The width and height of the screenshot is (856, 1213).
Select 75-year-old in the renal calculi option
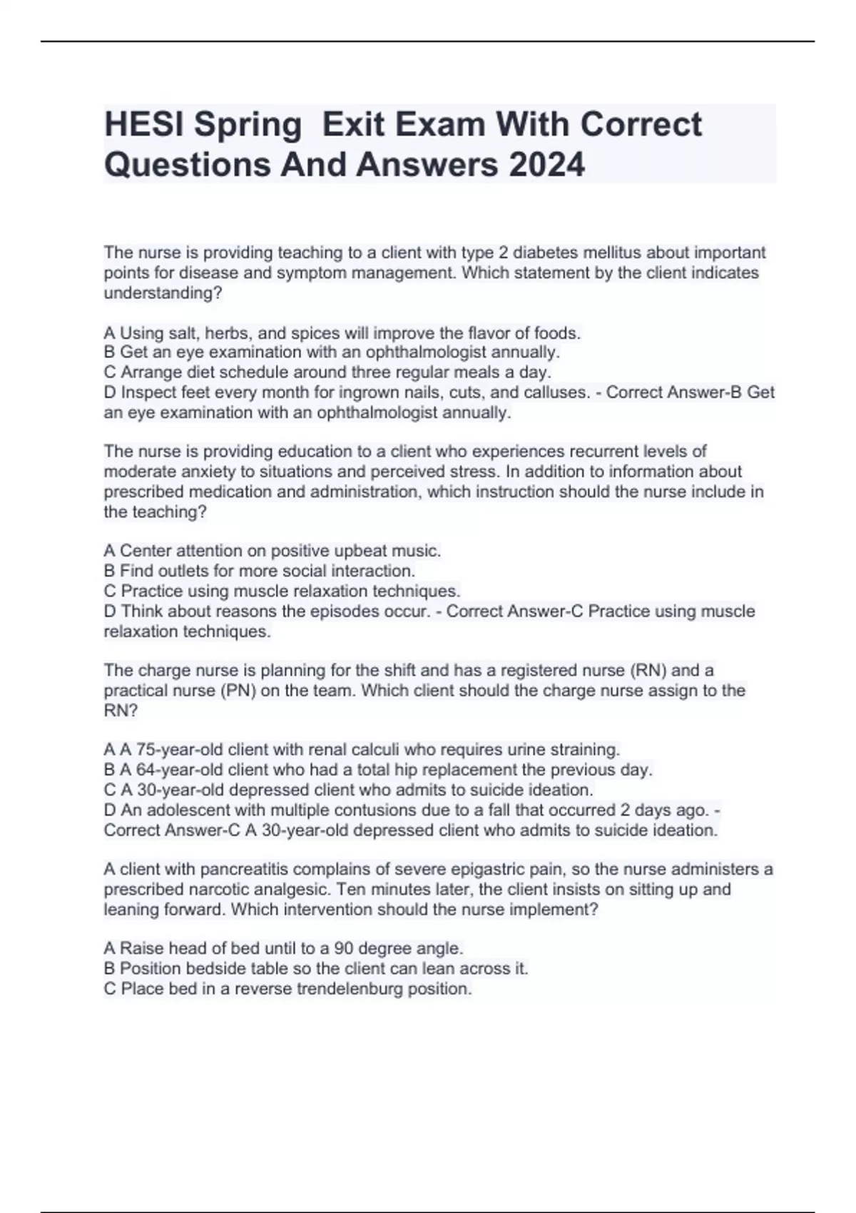(x=179, y=750)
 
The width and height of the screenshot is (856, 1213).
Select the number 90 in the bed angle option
(x=343, y=949)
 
